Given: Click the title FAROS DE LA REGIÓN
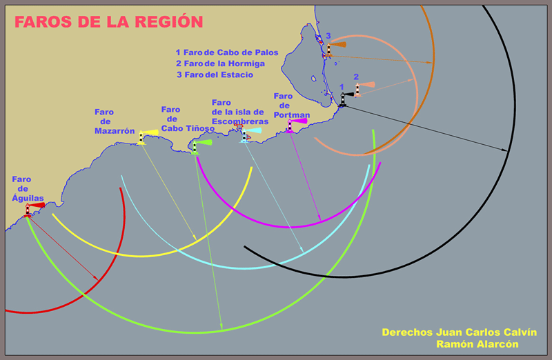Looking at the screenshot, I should point(109,22).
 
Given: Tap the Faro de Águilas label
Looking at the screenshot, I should point(28,188).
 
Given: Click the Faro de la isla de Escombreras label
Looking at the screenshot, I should point(239,112).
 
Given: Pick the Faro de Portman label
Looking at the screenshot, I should point(291,106).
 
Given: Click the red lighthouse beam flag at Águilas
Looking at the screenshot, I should point(37,205).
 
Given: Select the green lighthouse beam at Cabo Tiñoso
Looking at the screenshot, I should point(203,142).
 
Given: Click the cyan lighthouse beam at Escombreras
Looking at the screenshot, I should point(253,130).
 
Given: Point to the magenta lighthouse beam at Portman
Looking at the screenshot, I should point(298,121).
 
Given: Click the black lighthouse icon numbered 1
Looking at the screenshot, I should point(342,99).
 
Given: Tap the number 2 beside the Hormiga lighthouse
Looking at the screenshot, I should point(356,77).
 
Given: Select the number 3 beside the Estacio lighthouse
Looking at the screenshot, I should point(328,36).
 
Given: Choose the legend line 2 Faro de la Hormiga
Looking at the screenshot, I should point(220,63).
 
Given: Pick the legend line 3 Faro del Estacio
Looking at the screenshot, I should point(215,74).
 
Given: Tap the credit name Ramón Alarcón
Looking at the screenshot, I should point(477,343).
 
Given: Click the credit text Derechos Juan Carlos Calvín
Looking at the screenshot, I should point(460,332).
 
